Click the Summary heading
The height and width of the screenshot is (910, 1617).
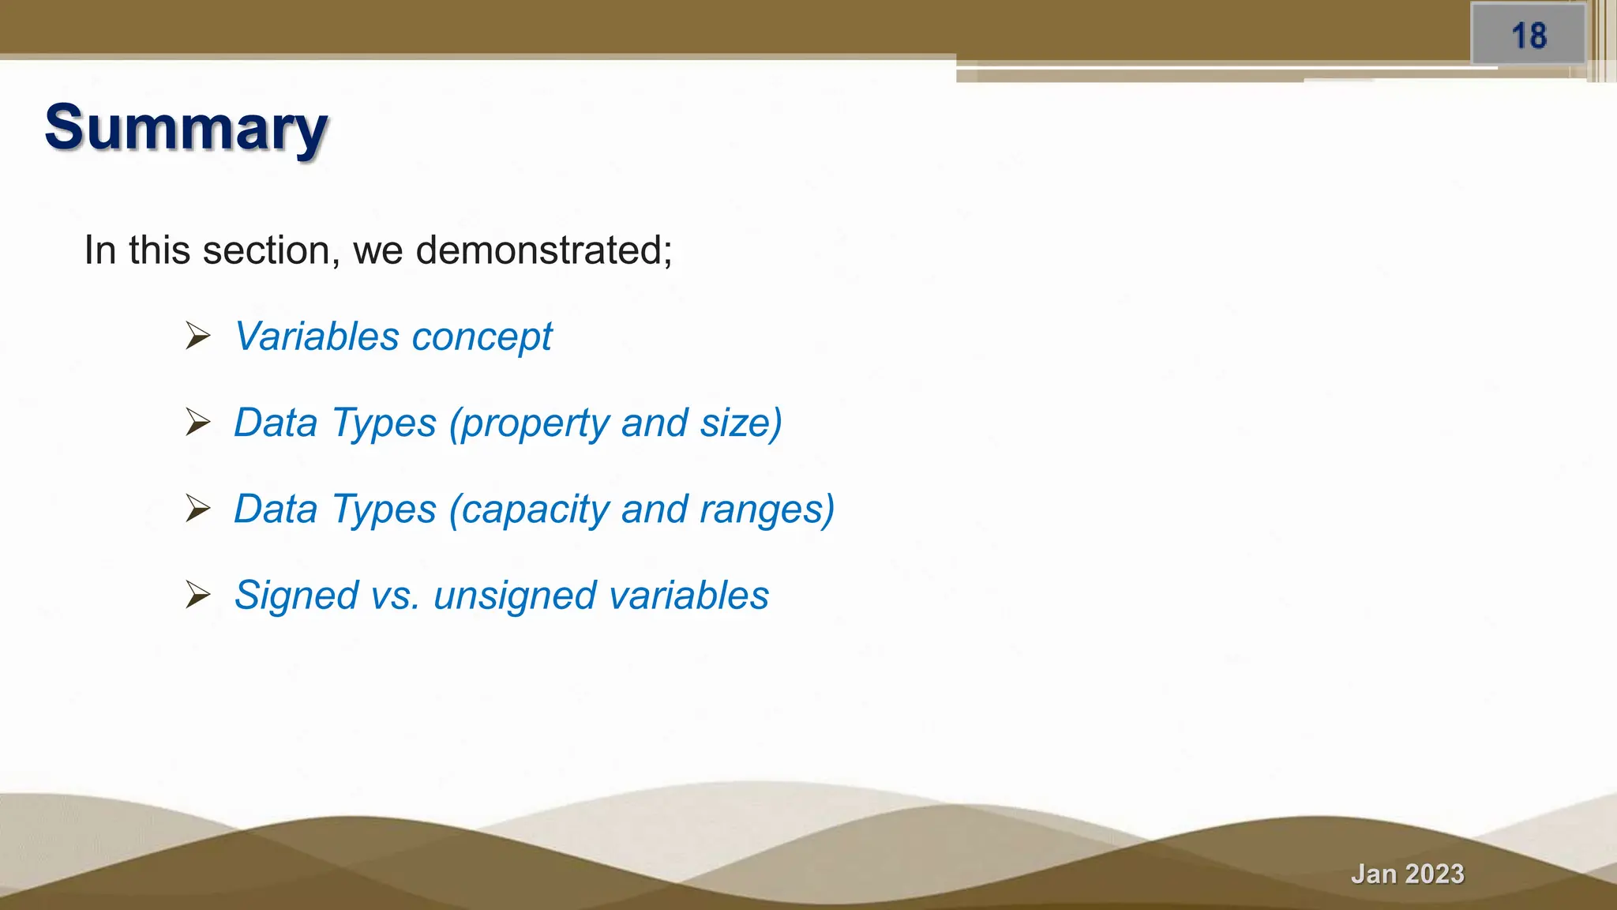point(186,128)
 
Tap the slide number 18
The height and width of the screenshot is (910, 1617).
point(1529,36)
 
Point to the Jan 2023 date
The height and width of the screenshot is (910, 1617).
point(1407,874)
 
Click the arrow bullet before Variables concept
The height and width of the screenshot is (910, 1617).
point(197,337)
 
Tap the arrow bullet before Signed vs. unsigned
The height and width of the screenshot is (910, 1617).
point(197,595)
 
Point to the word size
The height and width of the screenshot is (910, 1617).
point(741,423)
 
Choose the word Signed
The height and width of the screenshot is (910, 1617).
point(296,596)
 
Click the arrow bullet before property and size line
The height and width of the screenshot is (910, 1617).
point(197,423)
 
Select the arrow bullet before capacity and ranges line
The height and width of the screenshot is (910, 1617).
point(197,509)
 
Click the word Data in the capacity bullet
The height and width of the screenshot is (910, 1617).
point(276,509)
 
